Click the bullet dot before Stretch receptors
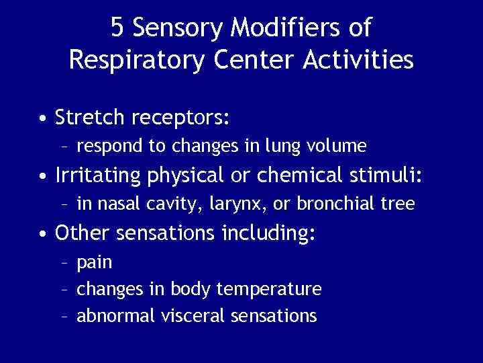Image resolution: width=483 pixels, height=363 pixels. [42, 119]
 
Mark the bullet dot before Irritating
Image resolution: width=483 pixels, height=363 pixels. [42, 177]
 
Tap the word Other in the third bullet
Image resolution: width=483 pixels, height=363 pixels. [80, 233]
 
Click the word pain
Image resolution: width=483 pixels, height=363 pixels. [95, 262]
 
